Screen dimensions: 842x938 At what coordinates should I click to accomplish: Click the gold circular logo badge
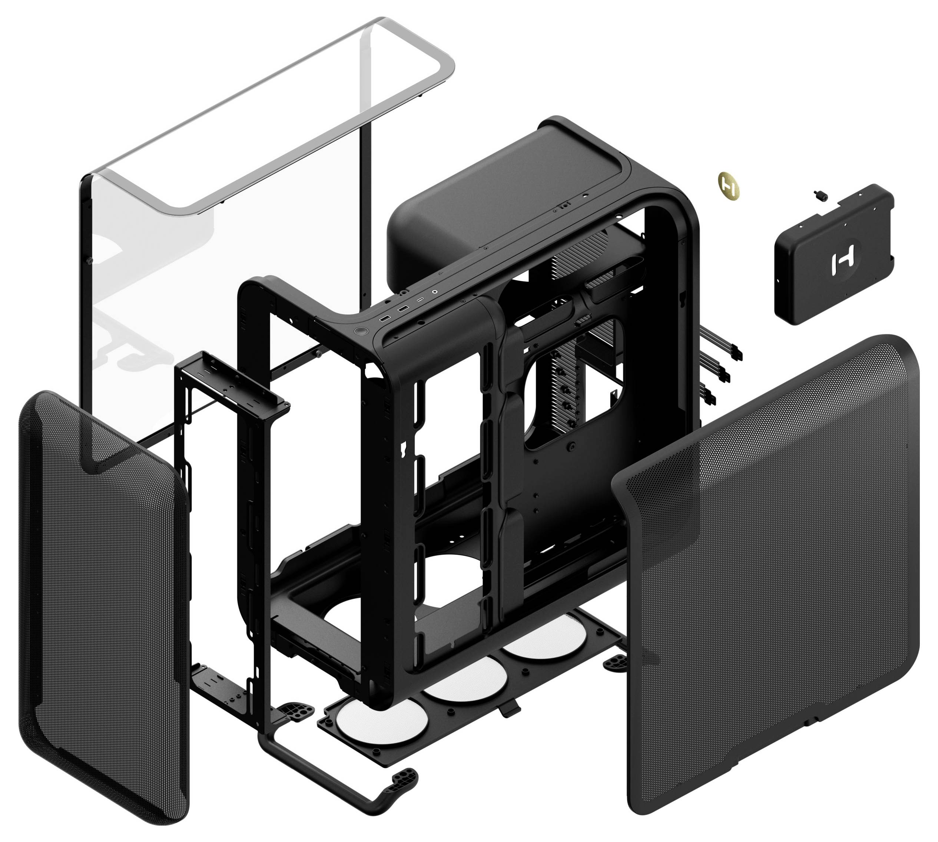tap(729, 186)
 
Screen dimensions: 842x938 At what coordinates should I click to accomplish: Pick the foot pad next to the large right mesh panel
tap(615, 663)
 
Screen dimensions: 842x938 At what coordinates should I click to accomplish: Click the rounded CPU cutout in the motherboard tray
tap(574, 384)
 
